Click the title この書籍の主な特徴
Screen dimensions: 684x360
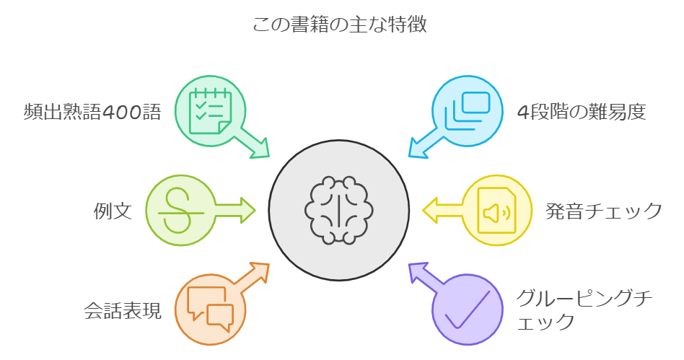click(x=340, y=25)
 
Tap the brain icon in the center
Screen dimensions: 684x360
click(x=339, y=210)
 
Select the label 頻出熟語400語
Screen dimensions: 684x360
click(x=92, y=112)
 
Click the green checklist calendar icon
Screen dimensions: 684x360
click(x=210, y=111)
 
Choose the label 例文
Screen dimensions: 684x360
click(x=113, y=211)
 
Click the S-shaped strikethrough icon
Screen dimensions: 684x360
click(x=180, y=211)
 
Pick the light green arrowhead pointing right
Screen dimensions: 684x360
click(x=247, y=211)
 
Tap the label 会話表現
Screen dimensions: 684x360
click(x=123, y=310)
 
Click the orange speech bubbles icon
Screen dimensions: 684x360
click(x=210, y=309)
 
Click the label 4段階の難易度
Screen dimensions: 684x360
click(x=582, y=112)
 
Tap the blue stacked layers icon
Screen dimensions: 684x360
click(x=468, y=111)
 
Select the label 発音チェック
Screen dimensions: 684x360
click(x=604, y=211)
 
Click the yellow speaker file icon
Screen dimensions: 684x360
click(x=497, y=211)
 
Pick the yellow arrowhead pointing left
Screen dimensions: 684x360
click(x=431, y=211)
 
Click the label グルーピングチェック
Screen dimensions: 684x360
click(x=584, y=310)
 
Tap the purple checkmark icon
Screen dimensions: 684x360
click(x=468, y=309)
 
